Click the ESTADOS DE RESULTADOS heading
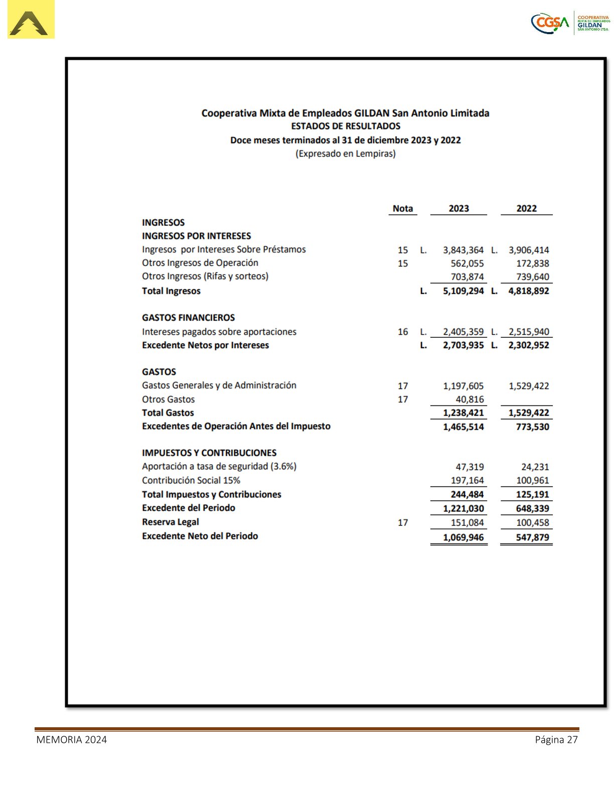(x=346, y=126)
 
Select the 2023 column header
(x=458, y=208)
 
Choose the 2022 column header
(x=526, y=208)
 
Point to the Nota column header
(x=402, y=208)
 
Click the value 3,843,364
(x=463, y=250)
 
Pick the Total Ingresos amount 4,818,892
(x=528, y=291)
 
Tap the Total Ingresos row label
(x=171, y=291)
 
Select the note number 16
(x=403, y=332)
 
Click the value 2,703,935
(x=463, y=345)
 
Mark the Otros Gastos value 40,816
(x=470, y=400)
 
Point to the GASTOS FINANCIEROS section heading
(x=188, y=318)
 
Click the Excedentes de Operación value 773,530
(x=532, y=427)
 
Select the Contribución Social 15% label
(x=191, y=480)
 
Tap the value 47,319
(x=470, y=467)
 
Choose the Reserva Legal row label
(x=171, y=522)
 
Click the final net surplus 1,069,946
(x=463, y=538)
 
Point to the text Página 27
(x=556, y=740)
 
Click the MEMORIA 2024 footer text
(x=71, y=740)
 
